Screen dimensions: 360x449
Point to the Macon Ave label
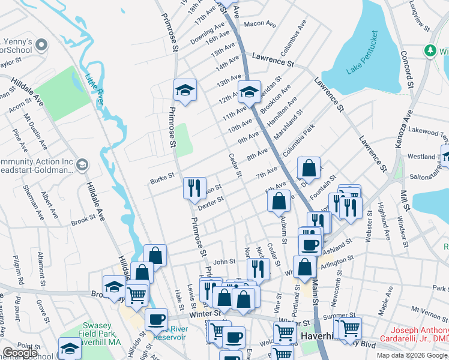[x=259, y=24]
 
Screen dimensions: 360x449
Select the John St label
[x=224, y=262]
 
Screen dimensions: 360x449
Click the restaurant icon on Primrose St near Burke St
[x=194, y=188]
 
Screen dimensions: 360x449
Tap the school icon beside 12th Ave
[x=249, y=92]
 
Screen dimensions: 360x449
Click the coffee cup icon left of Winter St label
[x=157, y=319]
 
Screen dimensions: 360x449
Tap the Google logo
[x=20, y=353]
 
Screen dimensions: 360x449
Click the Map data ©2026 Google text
[x=411, y=355]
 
